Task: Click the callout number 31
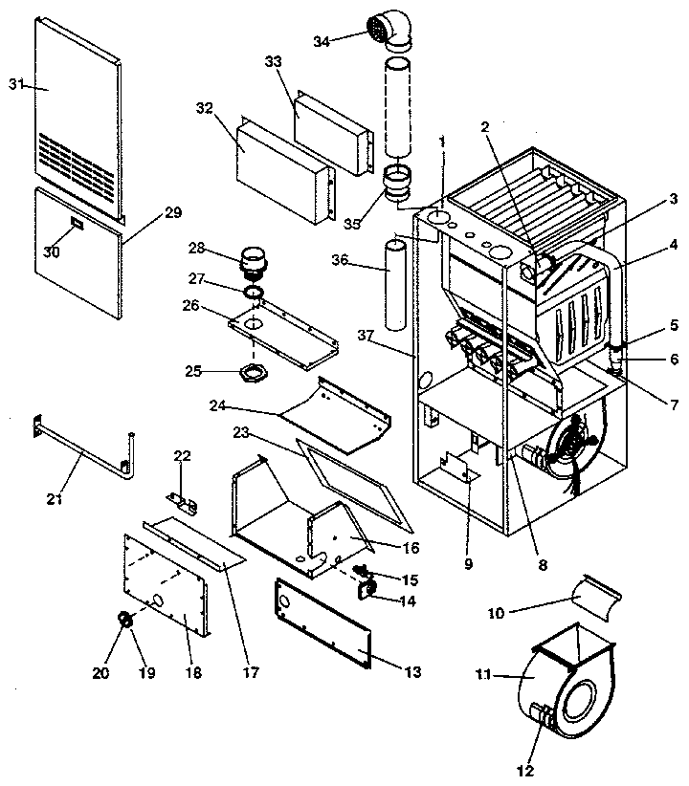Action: pos(15,85)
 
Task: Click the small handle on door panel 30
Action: pos(76,225)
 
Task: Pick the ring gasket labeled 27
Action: pos(254,292)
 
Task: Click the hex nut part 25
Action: pos(252,370)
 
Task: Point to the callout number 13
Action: pos(411,672)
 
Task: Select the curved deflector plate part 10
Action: pos(595,600)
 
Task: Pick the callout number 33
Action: pos(273,60)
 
